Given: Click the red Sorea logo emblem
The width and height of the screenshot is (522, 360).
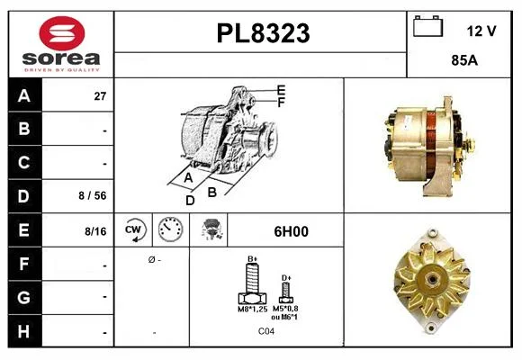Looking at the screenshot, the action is tap(62, 33).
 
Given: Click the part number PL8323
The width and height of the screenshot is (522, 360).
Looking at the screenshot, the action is tap(263, 33).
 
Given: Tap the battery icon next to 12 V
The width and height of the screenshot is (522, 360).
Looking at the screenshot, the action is tap(427, 26).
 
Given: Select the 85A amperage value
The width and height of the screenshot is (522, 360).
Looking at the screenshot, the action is tap(464, 60).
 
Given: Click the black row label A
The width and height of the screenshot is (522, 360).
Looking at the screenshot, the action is tap(24, 95).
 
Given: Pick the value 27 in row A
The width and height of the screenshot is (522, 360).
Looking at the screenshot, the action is tap(100, 96).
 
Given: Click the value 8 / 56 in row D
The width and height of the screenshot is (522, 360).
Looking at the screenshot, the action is tap(93, 195).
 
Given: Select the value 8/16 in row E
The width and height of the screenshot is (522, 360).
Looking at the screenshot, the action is tap(95, 231).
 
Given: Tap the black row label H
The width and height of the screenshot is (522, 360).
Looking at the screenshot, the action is tap(24, 331).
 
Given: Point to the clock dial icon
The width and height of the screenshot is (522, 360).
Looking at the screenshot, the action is tap(170, 229).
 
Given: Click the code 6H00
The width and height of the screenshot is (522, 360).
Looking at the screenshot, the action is tap(291, 231).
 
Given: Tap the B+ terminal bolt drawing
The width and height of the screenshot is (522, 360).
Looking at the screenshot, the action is tap(252, 283).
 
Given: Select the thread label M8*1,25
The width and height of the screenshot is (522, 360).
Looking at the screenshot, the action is tap(252, 309).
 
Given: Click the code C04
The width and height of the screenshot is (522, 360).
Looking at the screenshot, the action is tap(266, 331).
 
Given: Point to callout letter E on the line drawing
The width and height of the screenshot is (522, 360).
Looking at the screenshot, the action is tap(282, 90).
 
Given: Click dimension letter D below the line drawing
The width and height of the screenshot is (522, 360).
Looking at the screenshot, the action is tap(190, 201).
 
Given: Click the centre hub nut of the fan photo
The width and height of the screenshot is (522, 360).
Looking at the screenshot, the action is tap(432, 277).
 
